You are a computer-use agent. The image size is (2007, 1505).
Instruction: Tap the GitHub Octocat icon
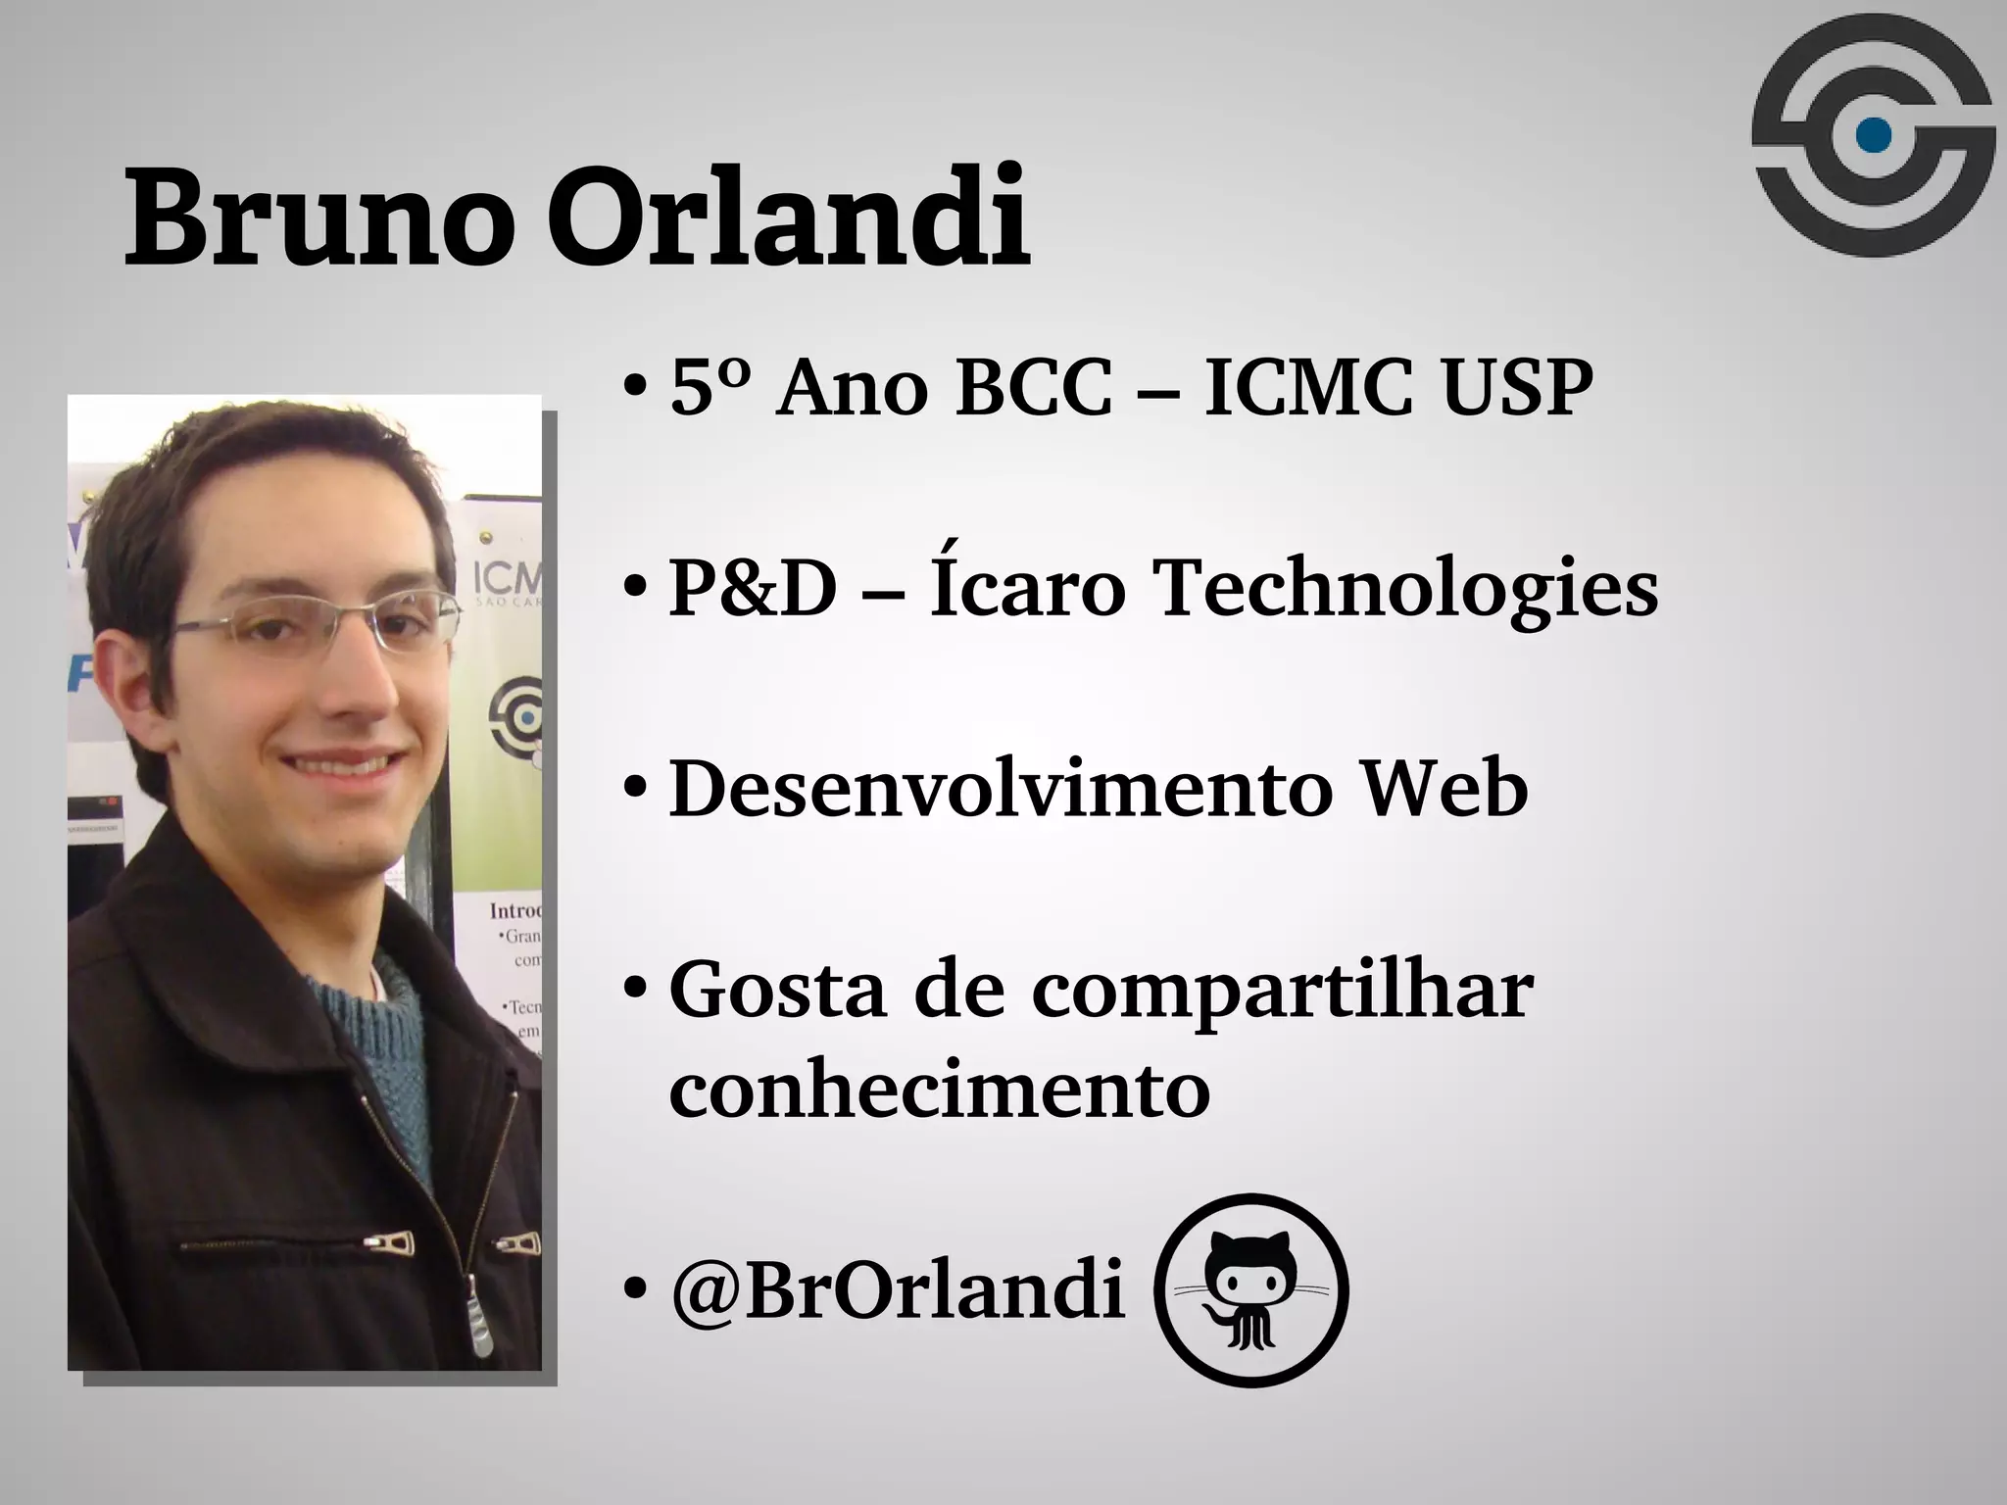(x=1251, y=1289)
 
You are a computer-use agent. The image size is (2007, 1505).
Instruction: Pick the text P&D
(x=753, y=590)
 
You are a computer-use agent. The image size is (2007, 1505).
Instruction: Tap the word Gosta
(x=779, y=991)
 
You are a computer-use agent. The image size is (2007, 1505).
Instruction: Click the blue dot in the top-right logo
(x=1874, y=135)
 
